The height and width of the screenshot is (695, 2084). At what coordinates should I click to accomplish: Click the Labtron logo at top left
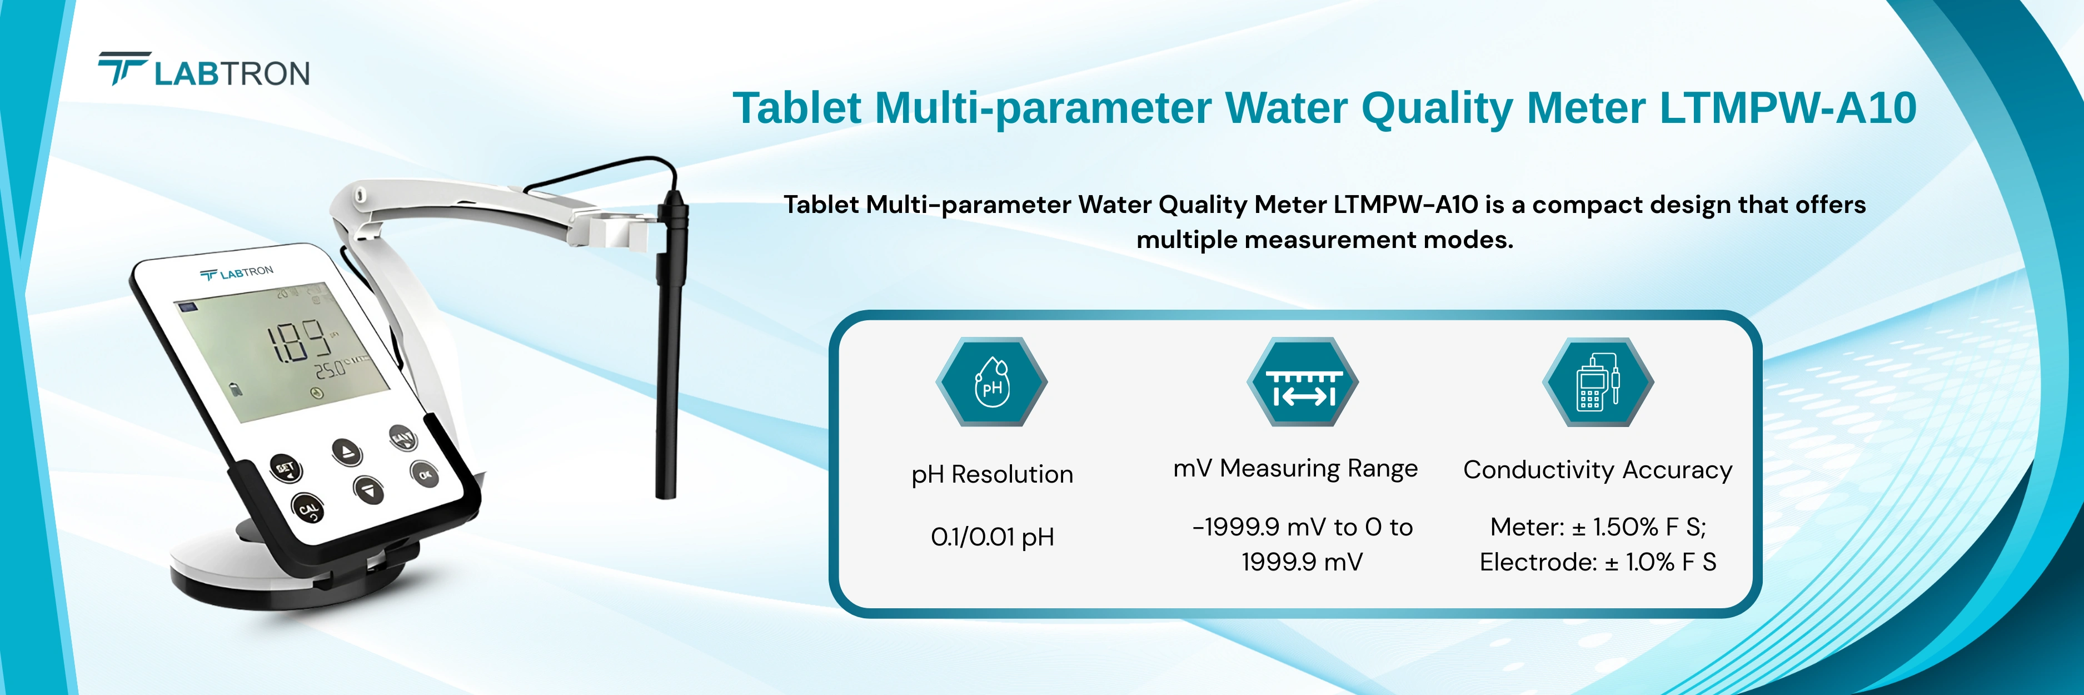point(204,71)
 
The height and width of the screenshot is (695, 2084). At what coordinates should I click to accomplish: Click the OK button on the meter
point(425,474)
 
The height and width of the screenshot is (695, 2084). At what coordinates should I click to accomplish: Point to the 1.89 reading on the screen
point(300,341)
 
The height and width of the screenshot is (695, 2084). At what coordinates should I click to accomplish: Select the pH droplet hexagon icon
point(992,382)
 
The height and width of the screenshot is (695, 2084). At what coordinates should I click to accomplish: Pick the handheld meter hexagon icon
point(1598,382)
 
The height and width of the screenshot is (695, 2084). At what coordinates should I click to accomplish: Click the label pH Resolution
point(992,474)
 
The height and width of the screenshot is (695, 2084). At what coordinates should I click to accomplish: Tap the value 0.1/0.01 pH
point(992,537)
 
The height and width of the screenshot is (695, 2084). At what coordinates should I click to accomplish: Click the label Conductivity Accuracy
point(1598,469)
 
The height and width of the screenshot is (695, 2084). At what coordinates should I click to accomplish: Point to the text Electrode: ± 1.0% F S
point(1598,562)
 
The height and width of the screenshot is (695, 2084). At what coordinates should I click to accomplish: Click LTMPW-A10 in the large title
point(1788,108)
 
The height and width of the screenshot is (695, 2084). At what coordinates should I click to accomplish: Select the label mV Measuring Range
point(1295,469)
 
